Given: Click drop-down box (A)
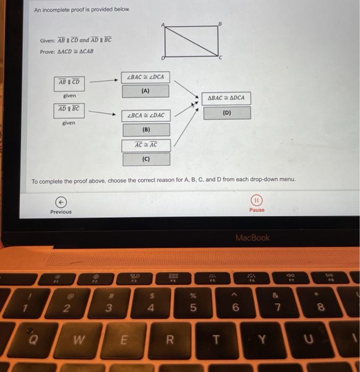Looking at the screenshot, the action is [146, 91].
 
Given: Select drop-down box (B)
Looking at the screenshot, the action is [146, 129].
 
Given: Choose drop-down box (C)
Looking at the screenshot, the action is [146, 159].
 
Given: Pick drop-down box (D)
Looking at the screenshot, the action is [227, 112].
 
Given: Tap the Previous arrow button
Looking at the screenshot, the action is [61, 201].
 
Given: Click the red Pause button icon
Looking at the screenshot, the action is [256, 200].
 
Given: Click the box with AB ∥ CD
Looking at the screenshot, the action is [69, 82].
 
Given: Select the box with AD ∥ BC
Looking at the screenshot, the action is [69, 108].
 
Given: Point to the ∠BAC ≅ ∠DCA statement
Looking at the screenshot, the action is [146, 78].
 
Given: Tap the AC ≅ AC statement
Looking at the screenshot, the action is [146, 145].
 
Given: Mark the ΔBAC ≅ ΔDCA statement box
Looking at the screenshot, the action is [227, 98].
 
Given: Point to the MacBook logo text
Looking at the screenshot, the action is [253, 238].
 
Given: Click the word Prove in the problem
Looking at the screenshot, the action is [47, 51].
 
